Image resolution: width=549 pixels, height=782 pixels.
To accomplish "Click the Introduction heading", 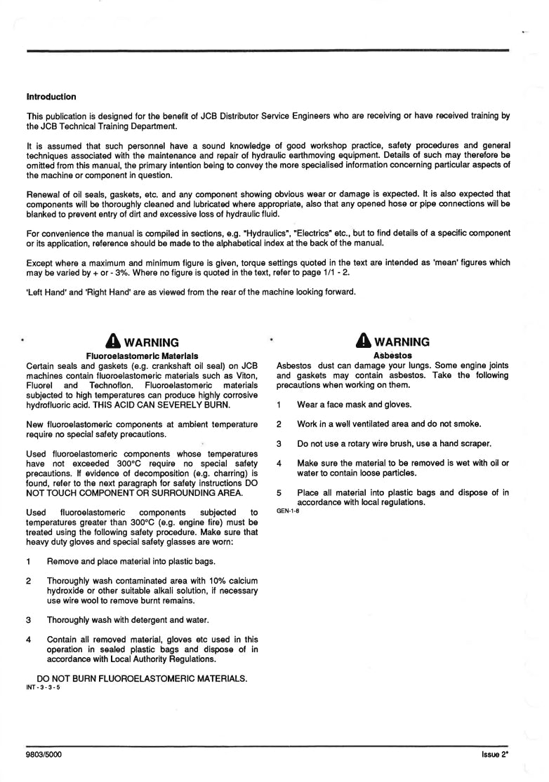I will (51, 97).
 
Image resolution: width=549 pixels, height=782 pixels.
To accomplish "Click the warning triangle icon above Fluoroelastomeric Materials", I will (114, 342).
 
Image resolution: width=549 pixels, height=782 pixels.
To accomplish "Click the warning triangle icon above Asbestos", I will (364, 342).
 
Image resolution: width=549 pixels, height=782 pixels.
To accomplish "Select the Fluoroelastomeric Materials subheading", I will (142, 356).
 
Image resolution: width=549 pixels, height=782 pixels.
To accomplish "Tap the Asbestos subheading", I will (392, 356).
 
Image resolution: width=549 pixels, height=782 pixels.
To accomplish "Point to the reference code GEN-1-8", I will (289, 511).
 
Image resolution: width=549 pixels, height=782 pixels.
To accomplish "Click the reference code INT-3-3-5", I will (43, 688).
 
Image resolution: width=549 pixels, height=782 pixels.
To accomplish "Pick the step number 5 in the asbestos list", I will (279, 493).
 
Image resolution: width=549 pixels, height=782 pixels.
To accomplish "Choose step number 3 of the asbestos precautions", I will (279, 444).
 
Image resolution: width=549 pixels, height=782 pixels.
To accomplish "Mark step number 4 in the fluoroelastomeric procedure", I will (28, 640).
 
